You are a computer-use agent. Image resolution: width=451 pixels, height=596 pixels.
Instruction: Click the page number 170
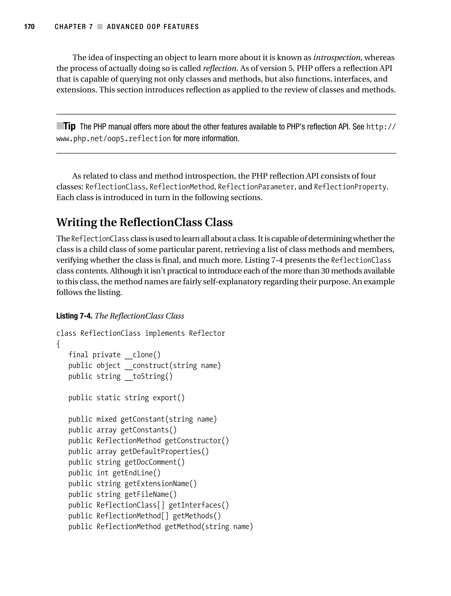coord(29,27)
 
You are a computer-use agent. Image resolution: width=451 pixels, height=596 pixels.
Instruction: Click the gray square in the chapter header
coord(100,27)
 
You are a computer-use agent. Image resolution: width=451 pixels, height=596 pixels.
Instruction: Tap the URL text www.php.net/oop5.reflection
coord(113,139)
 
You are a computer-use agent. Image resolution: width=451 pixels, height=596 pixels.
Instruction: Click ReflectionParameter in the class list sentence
coord(256,187)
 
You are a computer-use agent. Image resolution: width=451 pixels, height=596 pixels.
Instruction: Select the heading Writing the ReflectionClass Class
coord(144,222)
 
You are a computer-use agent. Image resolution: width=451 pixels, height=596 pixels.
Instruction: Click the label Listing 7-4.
coord(74,316)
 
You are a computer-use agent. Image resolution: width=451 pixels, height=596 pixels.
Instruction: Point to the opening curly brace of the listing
coord(58,344)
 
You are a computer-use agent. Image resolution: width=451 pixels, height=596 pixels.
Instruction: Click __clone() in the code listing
coord(142,355)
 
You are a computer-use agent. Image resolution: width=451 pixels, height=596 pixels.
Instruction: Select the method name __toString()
coord(148,376)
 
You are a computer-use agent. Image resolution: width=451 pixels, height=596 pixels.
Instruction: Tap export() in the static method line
coord(169,398)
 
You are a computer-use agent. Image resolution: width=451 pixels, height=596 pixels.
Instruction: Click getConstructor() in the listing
coord(197,441)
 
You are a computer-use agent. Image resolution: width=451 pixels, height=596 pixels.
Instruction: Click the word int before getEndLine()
coord(102,473)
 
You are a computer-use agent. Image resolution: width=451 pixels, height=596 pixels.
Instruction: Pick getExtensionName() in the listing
coord(161,484)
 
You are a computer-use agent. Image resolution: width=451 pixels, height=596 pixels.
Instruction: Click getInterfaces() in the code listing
coord(199,505)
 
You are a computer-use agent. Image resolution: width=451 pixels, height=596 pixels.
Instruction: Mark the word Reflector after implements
coord(207,333)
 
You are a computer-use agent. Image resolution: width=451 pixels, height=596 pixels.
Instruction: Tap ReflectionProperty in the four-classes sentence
coord(350,187)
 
